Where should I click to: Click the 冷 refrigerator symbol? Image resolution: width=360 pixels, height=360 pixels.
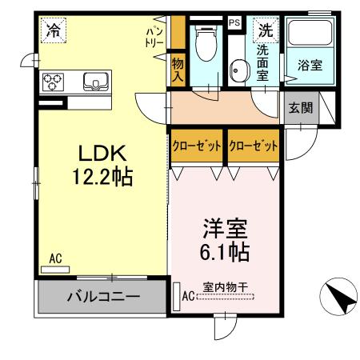[54, 32]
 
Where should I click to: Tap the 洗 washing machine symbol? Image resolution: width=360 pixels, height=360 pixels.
[264, 32]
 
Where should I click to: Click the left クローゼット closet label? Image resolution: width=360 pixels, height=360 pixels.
[196, 146]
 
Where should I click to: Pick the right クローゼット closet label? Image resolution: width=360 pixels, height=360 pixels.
[253, 146]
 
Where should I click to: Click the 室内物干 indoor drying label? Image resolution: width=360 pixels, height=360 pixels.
[225, 286]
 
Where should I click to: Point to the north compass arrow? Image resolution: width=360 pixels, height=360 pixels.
[338, 299]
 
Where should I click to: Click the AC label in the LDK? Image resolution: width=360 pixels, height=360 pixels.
[54, 258]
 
